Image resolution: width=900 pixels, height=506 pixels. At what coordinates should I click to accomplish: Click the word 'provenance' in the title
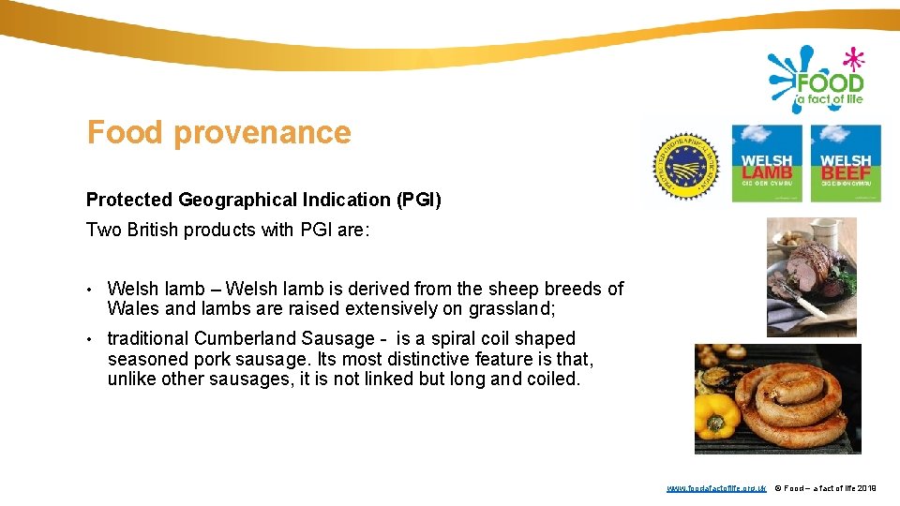point(262,133)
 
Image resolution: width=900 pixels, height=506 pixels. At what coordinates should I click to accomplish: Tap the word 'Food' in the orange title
point(125,133)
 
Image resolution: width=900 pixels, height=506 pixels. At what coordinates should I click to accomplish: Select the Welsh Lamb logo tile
point(766,163)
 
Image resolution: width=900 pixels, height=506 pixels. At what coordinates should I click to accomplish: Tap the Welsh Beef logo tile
point(846,163)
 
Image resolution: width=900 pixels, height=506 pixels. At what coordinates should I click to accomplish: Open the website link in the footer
point(716,488)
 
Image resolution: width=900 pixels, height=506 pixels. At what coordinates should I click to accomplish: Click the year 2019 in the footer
point(867,488)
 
